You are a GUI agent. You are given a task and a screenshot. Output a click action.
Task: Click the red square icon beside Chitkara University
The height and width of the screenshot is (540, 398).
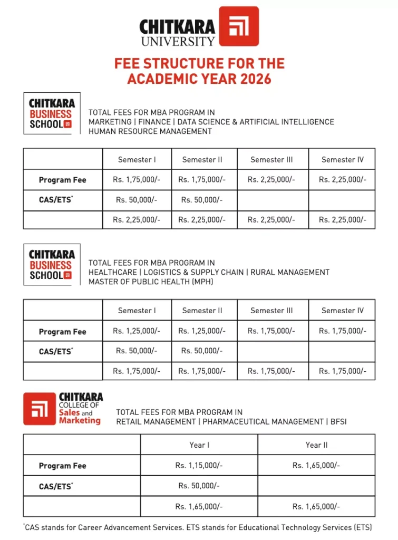(x=239, y=26)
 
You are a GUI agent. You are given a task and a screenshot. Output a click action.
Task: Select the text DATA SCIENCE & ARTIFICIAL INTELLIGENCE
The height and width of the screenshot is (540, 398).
(x=255, y=122)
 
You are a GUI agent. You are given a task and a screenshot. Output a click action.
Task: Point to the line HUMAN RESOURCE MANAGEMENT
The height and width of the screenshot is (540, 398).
(x=150, y=131)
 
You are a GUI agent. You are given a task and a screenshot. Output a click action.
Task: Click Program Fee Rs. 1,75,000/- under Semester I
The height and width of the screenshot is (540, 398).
(x=137, y=180)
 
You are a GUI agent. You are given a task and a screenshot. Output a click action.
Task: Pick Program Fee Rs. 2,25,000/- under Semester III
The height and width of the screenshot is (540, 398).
(x=271, y=180)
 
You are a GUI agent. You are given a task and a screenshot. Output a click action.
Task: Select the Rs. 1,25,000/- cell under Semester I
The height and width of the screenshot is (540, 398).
(x=137, y=331)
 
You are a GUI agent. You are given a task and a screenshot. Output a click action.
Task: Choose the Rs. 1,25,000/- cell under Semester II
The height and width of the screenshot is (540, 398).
(x=202, y=331)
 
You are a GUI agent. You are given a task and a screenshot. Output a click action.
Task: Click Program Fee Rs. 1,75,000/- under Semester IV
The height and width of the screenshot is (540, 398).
(x=342, y=331)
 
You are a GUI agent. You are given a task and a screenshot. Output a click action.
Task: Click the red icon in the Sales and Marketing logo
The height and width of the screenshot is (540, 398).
(x=40, y=409)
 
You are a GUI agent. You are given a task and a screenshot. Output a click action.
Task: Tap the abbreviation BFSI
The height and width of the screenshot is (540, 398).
(x=337, y=422)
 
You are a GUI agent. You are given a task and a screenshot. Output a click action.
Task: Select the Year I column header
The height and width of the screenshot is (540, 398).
(x=199, y=445)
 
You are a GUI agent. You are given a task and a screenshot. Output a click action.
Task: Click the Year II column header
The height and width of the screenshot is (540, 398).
(x=316, y=445)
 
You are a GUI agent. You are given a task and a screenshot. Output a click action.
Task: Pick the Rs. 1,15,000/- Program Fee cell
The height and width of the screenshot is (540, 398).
(x=199, y=466)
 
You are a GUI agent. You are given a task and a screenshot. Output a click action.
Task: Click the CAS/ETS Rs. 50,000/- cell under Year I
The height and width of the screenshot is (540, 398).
(x=199, y=486)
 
